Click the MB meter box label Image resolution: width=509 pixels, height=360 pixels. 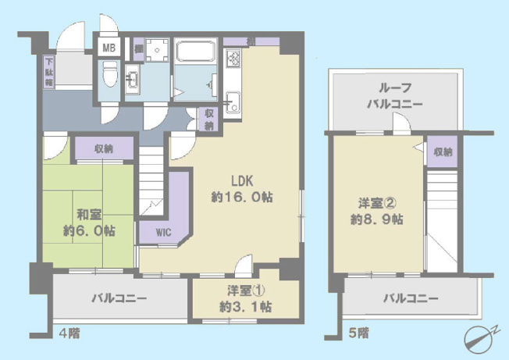pos(109,48)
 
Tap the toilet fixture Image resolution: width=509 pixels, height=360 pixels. pos(109,73)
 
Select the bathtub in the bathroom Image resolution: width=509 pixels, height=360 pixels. pos(195,50)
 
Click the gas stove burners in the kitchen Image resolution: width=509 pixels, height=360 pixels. pos(233,59)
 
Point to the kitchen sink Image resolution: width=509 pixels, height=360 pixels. pos(233,102)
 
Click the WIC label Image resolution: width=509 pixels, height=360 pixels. pos(164,233)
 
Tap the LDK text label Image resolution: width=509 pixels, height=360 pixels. pos(242,181)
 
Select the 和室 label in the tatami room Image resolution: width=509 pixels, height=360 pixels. pos(89,215)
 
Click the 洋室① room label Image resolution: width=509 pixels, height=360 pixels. pos(246,290)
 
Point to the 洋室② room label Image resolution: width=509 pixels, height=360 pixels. pos(377,204)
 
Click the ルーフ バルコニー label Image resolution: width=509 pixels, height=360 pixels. pos(395,96)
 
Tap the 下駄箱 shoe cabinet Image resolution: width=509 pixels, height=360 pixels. pos(49,72)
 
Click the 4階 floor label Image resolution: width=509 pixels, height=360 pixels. pos(69,333)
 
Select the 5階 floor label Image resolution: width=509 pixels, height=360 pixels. pos(358,333)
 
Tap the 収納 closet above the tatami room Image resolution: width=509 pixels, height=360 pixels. pos(104,148)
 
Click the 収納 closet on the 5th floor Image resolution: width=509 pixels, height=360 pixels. pos(442,151)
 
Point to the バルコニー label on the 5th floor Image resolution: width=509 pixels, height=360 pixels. pos(411,298)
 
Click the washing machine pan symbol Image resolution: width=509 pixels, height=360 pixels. pos(157,50)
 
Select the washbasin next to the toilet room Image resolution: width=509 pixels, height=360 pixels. pos(132,79)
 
